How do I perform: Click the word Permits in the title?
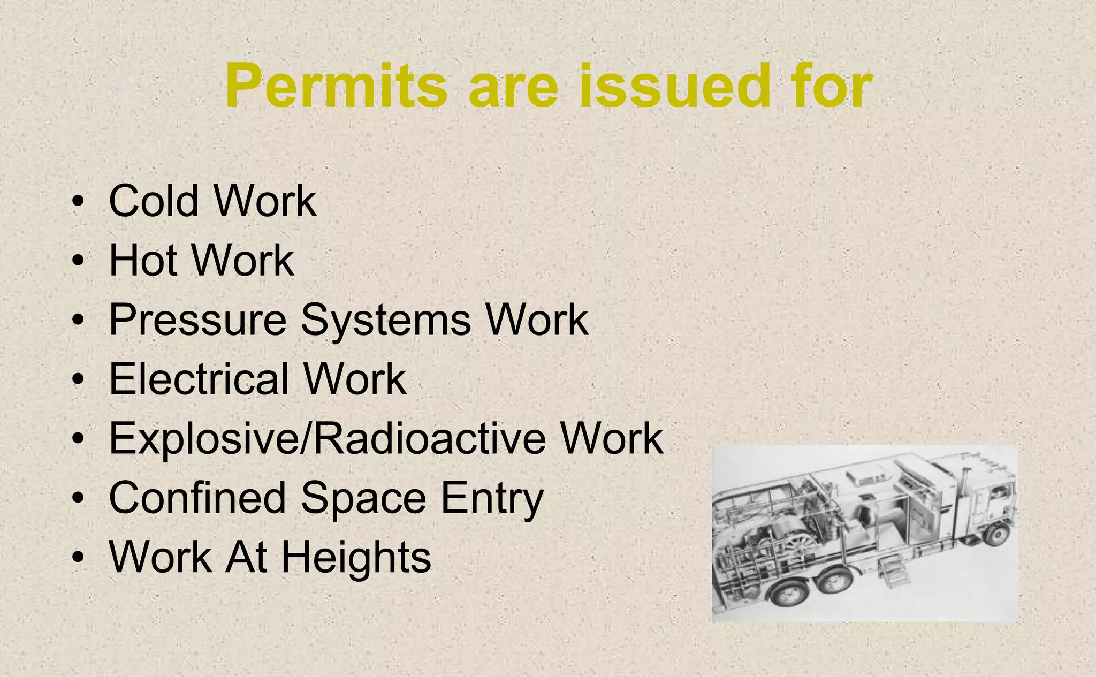(336, 86)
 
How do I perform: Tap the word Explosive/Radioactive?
(328, 439)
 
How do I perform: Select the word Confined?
(197, 498)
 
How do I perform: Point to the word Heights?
(356, 558)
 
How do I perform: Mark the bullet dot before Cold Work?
(79, 202)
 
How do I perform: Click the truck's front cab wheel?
(996, 533)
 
